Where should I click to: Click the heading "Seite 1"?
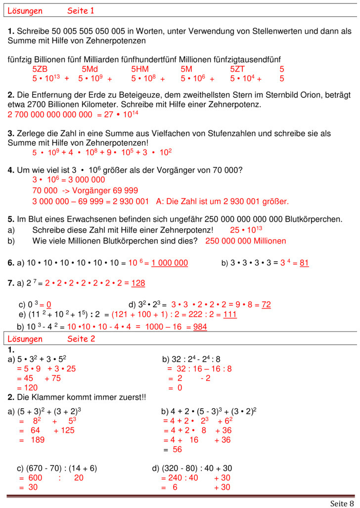(81, 11)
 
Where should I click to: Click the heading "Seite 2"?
(81, 339)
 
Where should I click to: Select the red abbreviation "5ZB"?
(40, 69)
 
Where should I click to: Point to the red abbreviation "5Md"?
(90, 69)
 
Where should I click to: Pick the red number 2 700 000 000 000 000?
(50, 115)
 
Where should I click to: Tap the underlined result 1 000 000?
(170, 263)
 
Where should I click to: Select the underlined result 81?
(304, 263)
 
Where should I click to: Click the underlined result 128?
(138, 283)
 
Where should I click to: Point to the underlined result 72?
(266, 305)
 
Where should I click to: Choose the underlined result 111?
(230, 315)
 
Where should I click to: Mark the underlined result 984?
(200, 327)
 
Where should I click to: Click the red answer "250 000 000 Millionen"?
(246, 241)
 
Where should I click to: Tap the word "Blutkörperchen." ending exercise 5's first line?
(314, 219)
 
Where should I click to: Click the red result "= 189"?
(32, 440)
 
